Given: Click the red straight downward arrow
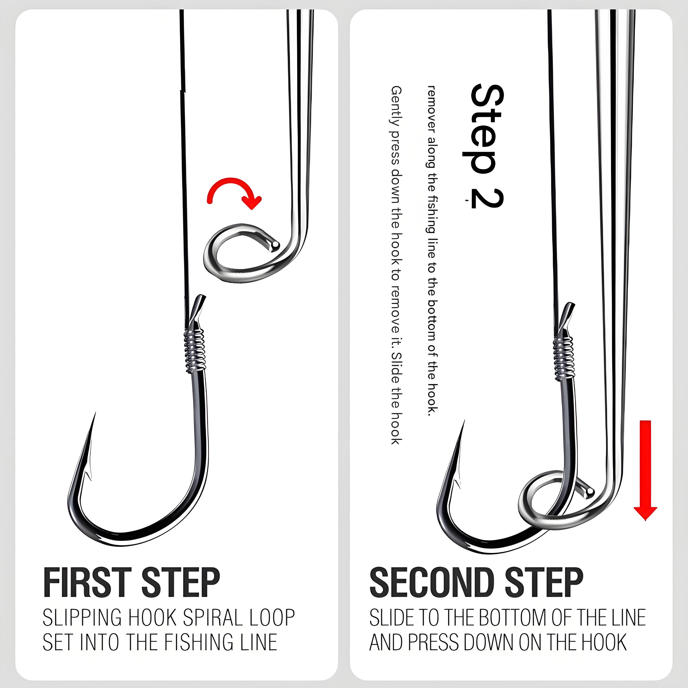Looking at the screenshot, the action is coord(645,470).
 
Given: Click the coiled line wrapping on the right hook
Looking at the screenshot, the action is coord(564,358).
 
